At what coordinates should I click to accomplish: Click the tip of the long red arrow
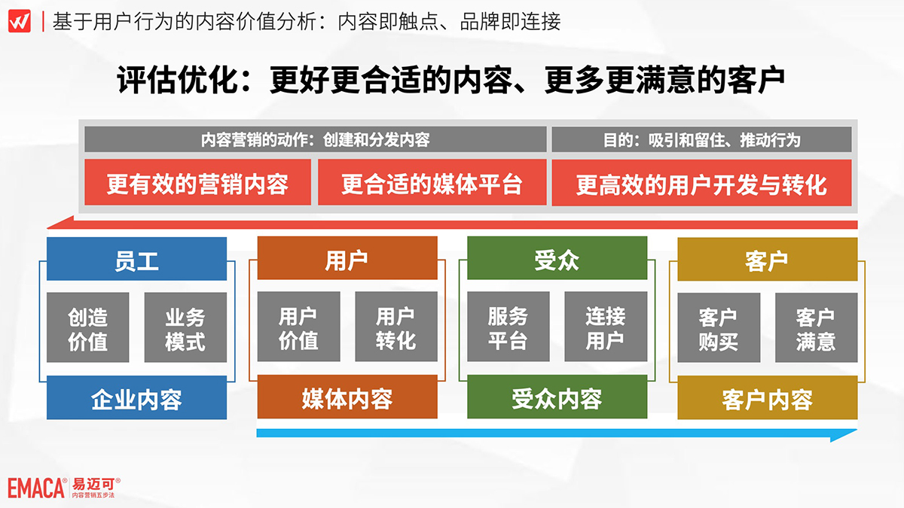(x=47, y=228)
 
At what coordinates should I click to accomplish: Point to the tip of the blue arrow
(x=857, y=430)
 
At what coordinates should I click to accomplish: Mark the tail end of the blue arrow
(x=257, y=433)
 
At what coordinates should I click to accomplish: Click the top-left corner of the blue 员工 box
(x=47, y=237)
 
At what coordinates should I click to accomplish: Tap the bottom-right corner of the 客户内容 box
(x=857, y=419)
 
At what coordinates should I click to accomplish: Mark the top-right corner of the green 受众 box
(x=647, y=236)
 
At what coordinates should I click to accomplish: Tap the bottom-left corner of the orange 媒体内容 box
(x=258, y=418)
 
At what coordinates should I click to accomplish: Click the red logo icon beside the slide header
(x=20, y=21)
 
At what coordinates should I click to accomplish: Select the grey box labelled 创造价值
(x=88, y=327)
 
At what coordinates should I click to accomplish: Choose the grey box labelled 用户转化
(x=396, y=327)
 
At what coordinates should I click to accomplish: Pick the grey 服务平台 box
(x=508, y=327)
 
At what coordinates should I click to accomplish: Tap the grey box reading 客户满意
(x=817, y=328)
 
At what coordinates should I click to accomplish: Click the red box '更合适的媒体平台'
(x=432, y=182)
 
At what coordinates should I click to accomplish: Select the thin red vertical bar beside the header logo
(x=43, y=21)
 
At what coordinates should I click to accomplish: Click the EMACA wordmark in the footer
(x=37, y=488)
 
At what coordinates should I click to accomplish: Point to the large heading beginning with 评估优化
(x=450, y=80)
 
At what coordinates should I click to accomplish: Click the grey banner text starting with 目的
(x=702, y=140)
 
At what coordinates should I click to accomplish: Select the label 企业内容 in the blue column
(x=137, y=400)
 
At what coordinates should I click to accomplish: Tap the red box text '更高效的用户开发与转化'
(x=702, y=185)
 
